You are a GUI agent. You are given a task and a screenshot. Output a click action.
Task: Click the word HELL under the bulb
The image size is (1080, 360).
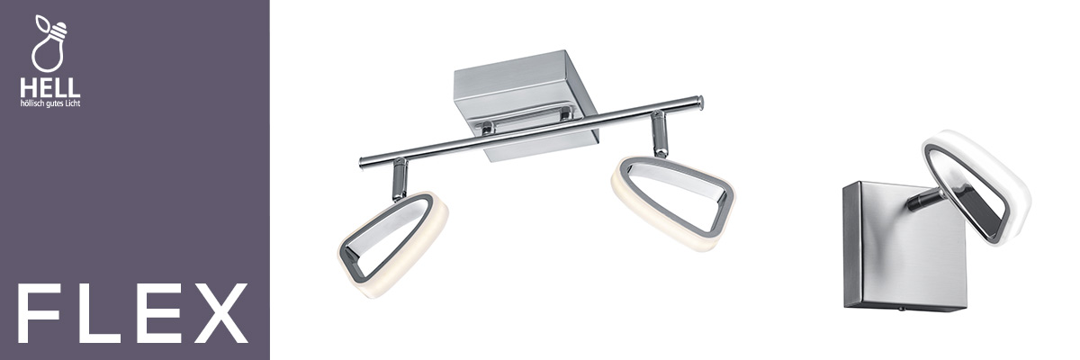[49, 89]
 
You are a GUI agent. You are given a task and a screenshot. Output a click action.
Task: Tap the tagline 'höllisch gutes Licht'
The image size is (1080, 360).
[50, 103]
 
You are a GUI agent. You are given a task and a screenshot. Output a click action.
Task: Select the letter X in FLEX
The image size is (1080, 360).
[219, 314]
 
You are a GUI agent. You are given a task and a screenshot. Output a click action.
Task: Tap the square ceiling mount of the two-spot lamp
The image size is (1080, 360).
[526, 103]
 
